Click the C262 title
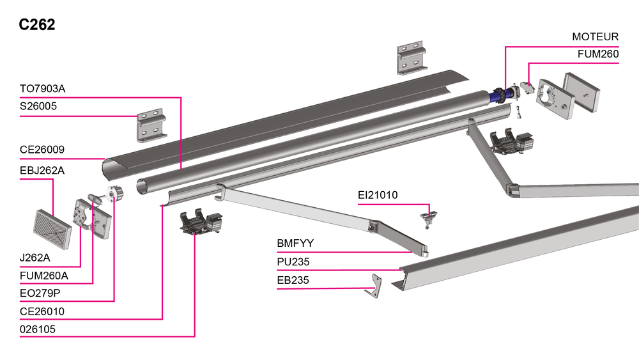[37, 25]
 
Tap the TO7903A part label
[42, 89]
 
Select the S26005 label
[38, 107]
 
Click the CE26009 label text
[42, 150]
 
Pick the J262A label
[36, 258]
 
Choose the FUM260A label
[44, 276]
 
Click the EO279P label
[40, 293]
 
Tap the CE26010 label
[42, 311]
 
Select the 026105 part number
[38, 329]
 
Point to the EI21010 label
[378, 195]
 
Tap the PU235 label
[293, 262]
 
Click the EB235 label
[293, 280]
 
